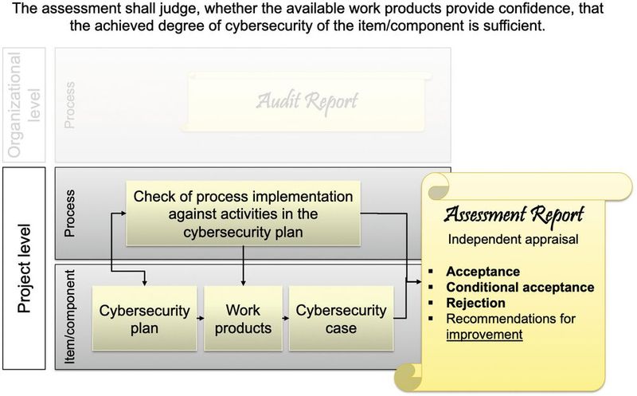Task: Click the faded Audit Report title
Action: [x=307, y=100]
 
